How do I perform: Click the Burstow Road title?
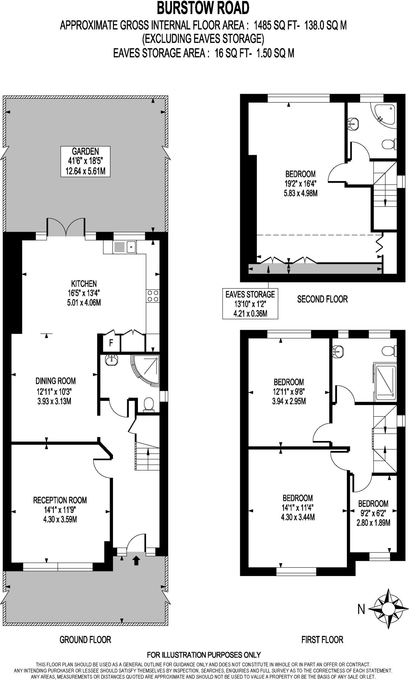[x=203, y=8]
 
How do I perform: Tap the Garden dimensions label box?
[x=86, y=161]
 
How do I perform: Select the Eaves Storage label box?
[x=250, y=303]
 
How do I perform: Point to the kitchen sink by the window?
[x=125, y=246]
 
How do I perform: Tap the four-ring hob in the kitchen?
[x=153, y=296]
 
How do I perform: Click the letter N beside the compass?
[x=361, y=609]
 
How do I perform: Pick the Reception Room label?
[x=60, y=510]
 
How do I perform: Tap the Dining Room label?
[x=55, y=391]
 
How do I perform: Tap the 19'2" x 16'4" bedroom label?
[x=300, y=183]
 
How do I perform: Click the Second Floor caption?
[x=322, y=299]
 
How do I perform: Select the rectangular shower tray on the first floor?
[x=385, y=382]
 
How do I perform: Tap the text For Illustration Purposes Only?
[x=204, y=655]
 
